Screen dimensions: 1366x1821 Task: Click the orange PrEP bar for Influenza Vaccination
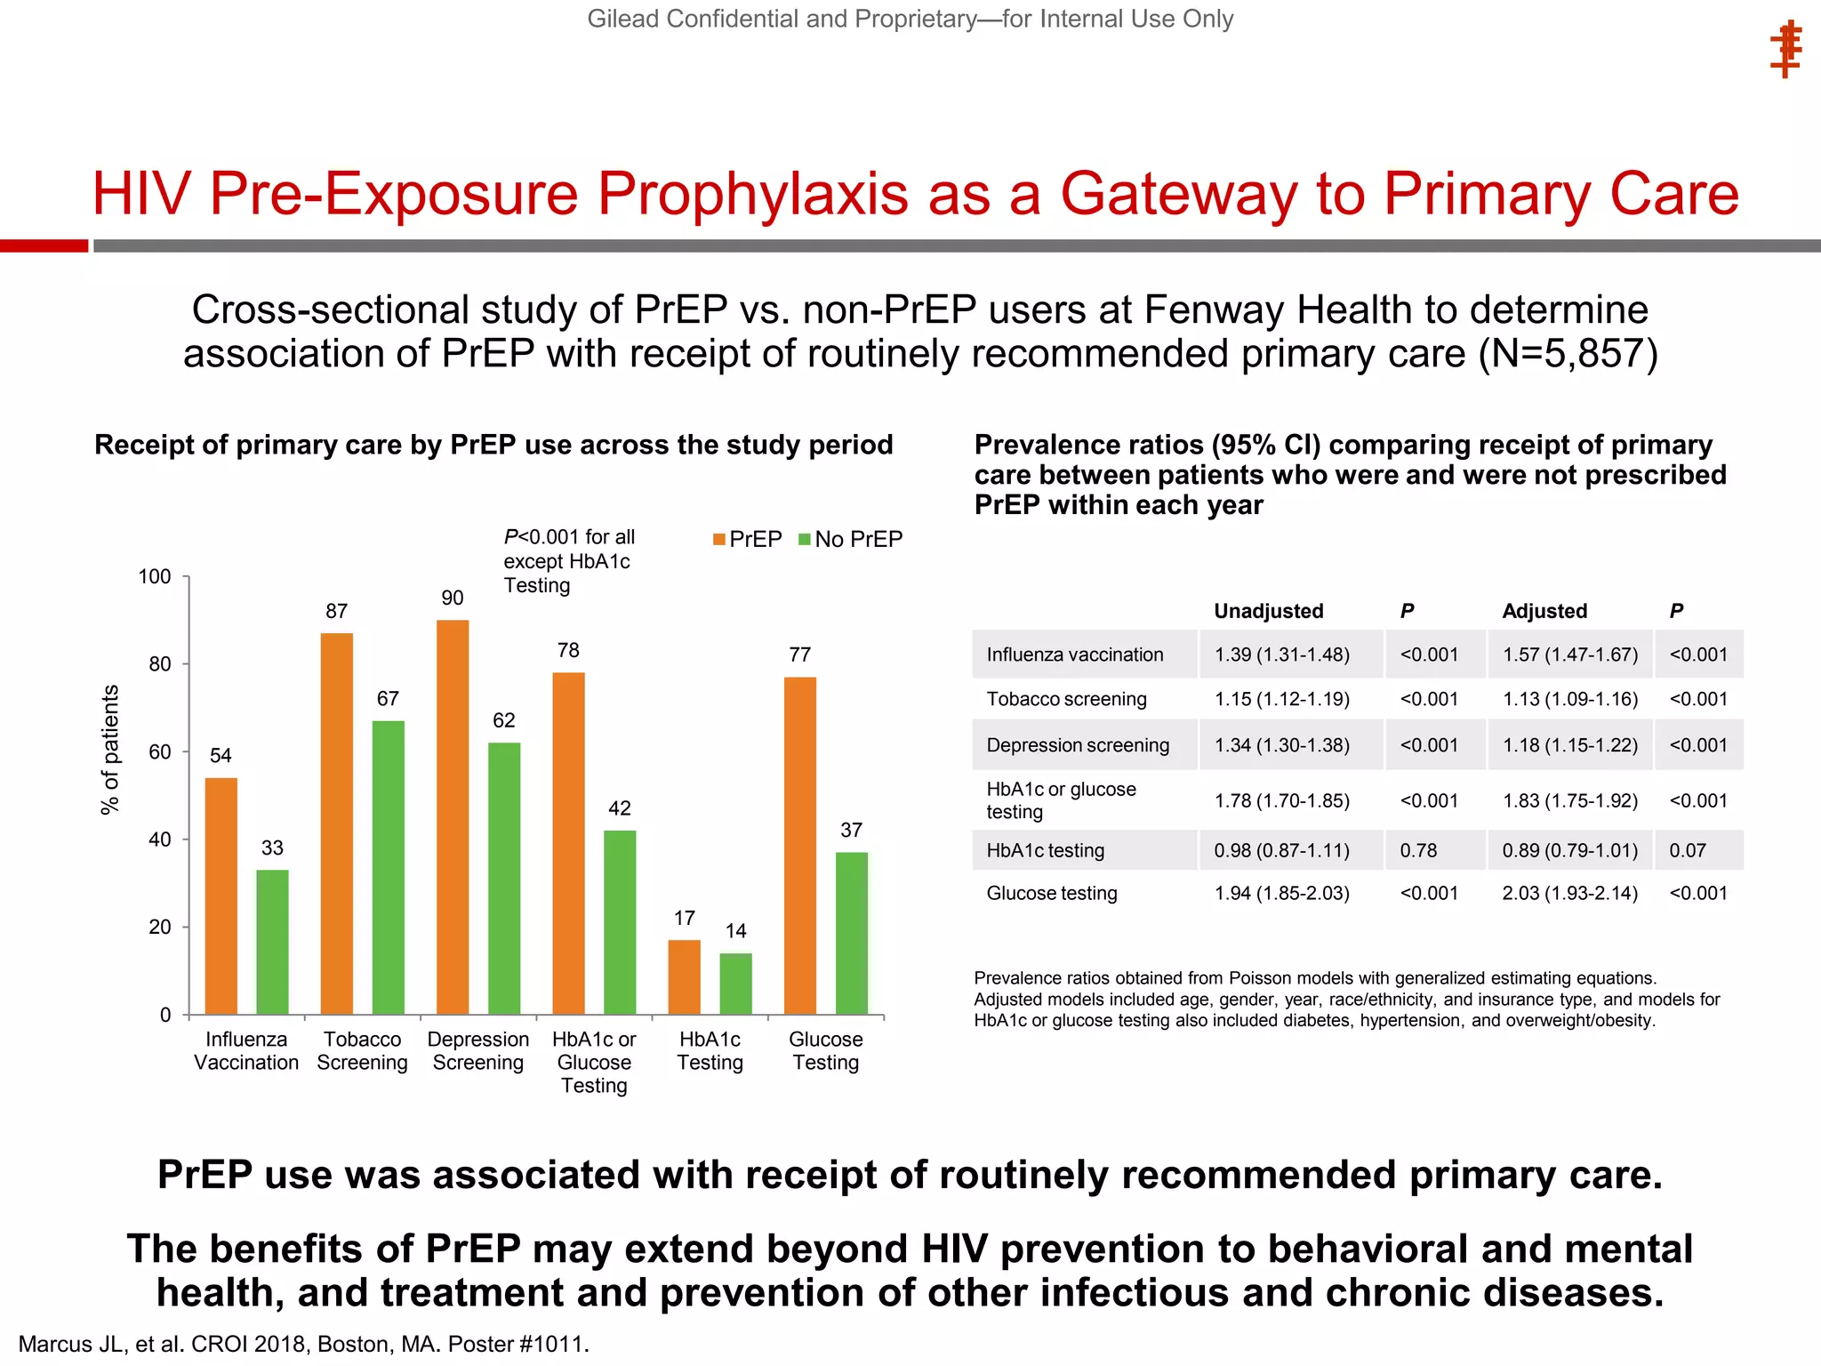click(221, 896)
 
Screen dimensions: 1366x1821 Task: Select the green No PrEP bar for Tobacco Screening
click(388, 867)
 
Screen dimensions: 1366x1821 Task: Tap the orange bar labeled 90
click(453, 816)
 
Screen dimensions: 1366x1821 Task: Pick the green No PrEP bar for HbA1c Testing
click(735, 984)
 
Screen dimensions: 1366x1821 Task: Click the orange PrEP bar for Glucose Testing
click(800, 845)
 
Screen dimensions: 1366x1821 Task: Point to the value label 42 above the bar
click(620, 808)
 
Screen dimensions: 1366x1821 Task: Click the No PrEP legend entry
click(851, 540)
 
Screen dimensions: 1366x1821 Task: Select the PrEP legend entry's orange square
click(719, 540)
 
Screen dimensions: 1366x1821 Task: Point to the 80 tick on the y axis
click(160, 664)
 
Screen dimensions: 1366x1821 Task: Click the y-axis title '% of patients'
click(109, 750)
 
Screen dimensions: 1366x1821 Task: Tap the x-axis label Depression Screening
click(478, 1051)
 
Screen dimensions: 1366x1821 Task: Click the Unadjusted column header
click(1268, 611)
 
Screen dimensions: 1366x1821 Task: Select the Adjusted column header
click(1544, 611)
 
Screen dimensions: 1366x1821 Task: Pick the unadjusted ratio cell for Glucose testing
click(1281, 893)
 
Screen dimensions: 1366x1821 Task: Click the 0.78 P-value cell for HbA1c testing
click(1418, 850)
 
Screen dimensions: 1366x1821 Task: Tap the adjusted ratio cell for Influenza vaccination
click(1569, 655)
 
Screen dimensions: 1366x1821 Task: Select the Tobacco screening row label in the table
click(1066, 699)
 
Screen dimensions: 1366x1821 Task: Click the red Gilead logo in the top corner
click(1785, 51)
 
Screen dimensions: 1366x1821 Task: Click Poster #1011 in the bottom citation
click(517, 1344)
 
